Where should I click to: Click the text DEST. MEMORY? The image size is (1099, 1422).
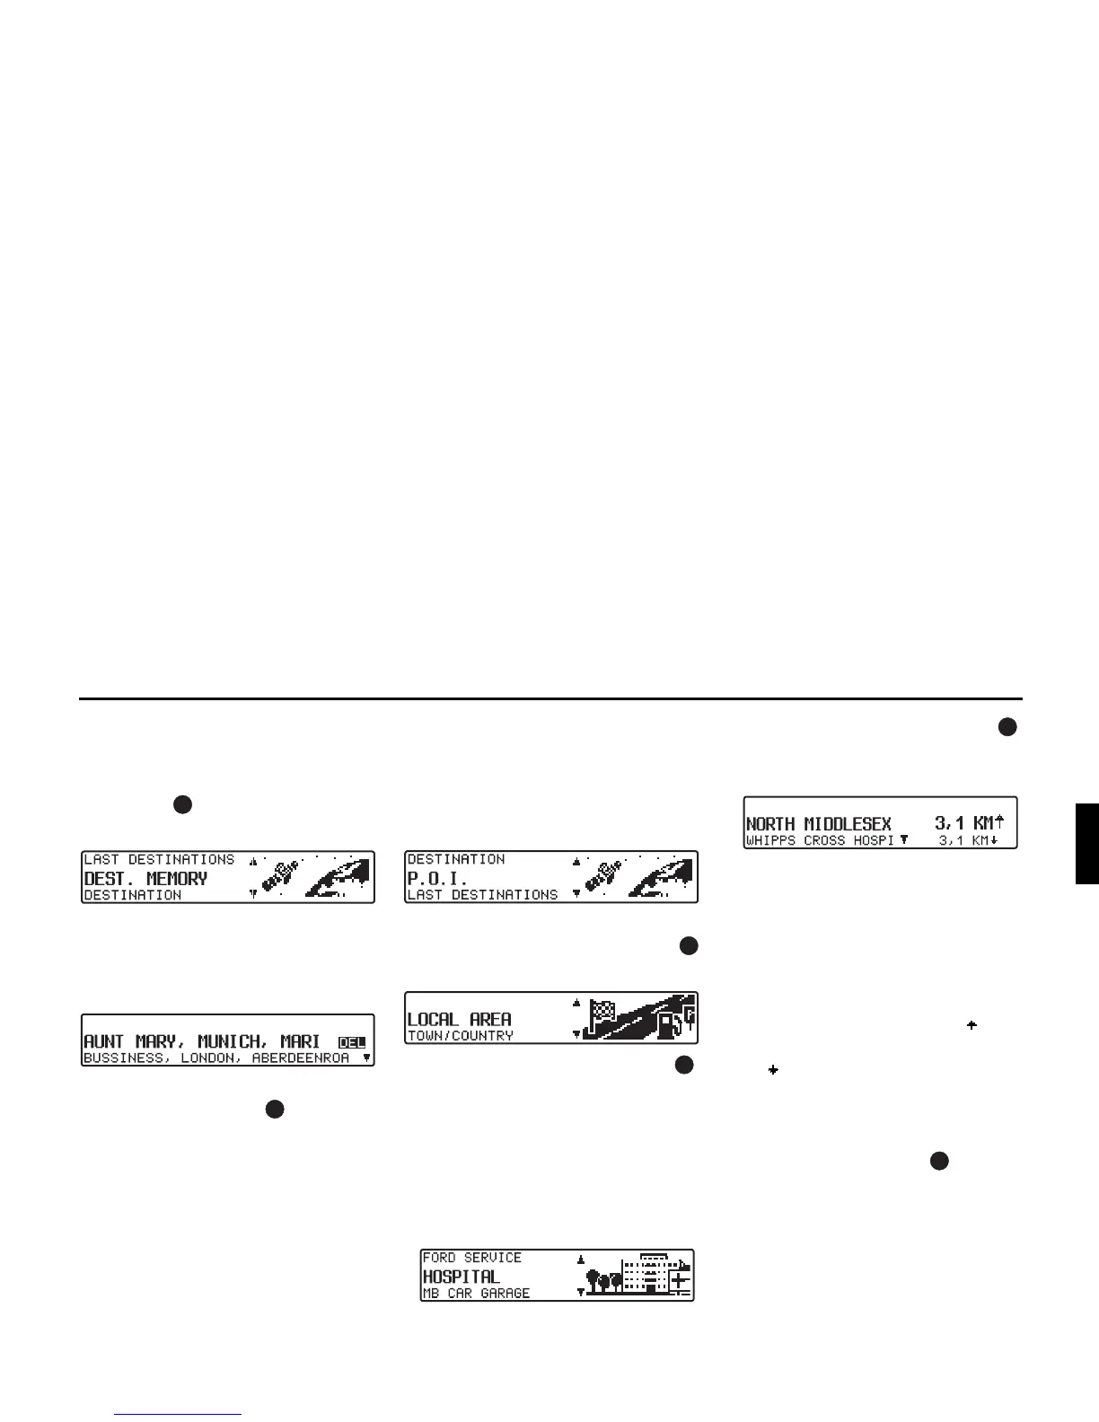point(145,879)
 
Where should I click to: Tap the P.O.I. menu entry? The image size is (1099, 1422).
point(437,879)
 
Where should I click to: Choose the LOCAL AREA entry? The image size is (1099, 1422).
point(459,1019)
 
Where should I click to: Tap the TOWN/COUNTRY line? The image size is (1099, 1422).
point(461,1036)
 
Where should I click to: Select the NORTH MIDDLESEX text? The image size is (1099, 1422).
point(818,824)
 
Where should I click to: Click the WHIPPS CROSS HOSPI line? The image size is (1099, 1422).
point(820,841)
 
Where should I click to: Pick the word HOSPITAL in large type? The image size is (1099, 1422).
point(461,1276)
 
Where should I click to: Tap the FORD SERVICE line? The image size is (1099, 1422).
point(471,1258)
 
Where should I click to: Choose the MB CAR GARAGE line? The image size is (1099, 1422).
point(476,1294)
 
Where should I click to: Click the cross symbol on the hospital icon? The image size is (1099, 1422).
point(680,1279)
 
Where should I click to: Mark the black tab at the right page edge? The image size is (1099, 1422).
point(1086,844)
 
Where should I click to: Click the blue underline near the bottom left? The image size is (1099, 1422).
point(178,1415)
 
